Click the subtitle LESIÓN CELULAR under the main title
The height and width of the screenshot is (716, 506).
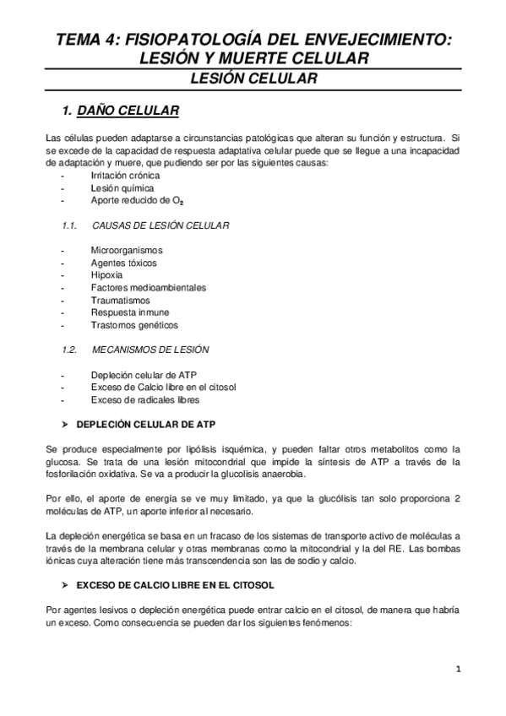pos(253,79)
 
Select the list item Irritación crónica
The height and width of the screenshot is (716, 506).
pos(125,175)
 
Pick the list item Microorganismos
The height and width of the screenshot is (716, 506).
pos(127,250)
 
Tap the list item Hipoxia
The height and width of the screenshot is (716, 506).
pos(106,275)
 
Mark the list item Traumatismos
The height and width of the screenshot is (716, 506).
pos(121,300)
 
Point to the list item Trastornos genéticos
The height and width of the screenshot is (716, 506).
pos(134,325)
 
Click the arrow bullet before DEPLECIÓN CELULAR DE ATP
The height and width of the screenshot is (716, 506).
pos(66,423)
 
